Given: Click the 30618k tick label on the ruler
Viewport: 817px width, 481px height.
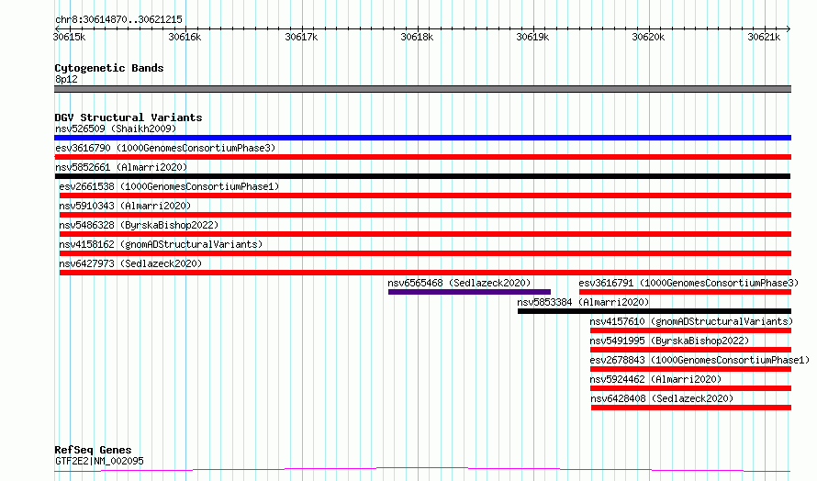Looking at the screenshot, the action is [x=417, y=37].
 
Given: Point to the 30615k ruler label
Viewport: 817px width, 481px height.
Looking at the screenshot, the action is [x=69, y=37].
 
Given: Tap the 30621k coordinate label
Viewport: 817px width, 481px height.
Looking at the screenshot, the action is [x=764, y=37].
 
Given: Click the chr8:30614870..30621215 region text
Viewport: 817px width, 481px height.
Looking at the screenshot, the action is [x=118, y=20].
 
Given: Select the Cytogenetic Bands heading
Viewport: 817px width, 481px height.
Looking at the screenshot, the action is [x=109, y=68].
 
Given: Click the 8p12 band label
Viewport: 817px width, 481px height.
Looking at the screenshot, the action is [x=66, y=79].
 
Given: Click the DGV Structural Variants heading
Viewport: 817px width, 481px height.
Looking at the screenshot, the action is [x=129, y=117].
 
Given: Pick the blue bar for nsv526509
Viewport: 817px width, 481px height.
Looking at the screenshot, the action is [x=422, y=138].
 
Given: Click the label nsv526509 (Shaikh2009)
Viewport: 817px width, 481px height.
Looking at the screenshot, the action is [x=116, y=129].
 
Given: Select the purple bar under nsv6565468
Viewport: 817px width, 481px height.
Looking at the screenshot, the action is [x=469, y=292].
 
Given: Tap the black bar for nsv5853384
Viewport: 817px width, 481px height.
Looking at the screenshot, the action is [x=655, y=311].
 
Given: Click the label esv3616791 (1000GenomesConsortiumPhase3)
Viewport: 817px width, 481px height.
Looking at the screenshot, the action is [x=688, y=283].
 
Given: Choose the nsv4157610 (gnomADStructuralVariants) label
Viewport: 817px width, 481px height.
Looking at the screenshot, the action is [x=691, y=321].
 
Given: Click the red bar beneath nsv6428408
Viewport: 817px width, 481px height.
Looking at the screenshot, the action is [x=691, y=408].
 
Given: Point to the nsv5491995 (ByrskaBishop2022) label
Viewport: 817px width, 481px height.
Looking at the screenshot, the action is [x=669, y=341].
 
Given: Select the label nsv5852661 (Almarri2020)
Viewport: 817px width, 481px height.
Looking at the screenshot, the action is [x=121, y=167].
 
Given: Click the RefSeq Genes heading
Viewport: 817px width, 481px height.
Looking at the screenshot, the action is [x=93, y=450].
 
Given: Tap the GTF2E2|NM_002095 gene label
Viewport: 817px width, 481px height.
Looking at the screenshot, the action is [x=99, y=461].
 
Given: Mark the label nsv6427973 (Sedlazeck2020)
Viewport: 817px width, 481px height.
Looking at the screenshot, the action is [x=130, y=263].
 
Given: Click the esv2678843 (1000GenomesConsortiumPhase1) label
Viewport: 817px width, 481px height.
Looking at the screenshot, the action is [x=699, y=360].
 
